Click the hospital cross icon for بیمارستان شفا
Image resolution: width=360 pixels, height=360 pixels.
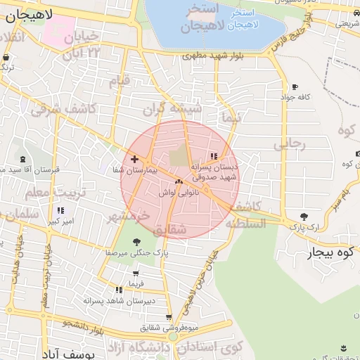134,160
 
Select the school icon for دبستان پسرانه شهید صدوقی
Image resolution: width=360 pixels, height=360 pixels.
214,156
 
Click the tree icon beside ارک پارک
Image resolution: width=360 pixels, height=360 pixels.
304,217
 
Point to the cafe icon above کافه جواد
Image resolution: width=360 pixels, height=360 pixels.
294,87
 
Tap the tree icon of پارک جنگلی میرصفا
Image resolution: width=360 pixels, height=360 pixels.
136,243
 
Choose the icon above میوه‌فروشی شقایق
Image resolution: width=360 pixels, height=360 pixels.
168,317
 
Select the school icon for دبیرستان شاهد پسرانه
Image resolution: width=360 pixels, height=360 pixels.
119,290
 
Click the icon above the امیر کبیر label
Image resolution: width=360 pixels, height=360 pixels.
60,210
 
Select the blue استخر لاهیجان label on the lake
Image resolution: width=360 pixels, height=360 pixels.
244,18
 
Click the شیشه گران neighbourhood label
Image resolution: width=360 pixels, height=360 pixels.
172,109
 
